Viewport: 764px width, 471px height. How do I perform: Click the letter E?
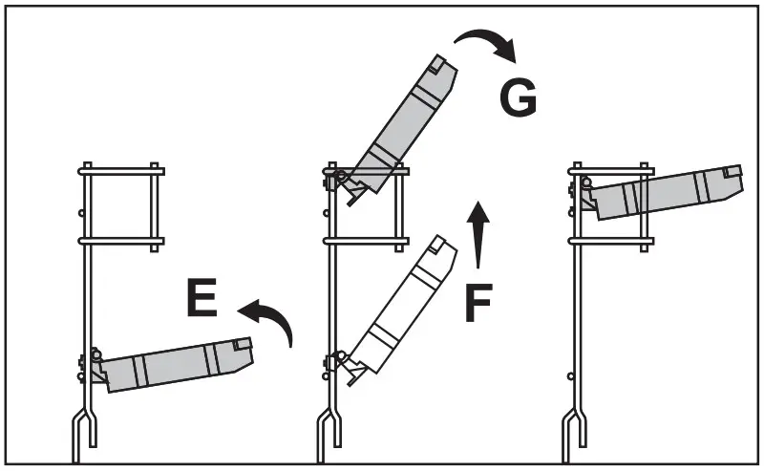click(x=202, y=299)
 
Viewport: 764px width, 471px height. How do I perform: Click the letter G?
click(x=518, y=97)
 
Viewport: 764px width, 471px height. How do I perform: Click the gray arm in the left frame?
click(x=172, y=364)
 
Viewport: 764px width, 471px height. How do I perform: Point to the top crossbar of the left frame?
click(x=121, y=171)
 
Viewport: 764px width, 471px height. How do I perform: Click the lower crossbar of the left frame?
click(x=121, y=241)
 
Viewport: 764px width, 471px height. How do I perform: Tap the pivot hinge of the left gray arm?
click(x=96, y=356)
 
